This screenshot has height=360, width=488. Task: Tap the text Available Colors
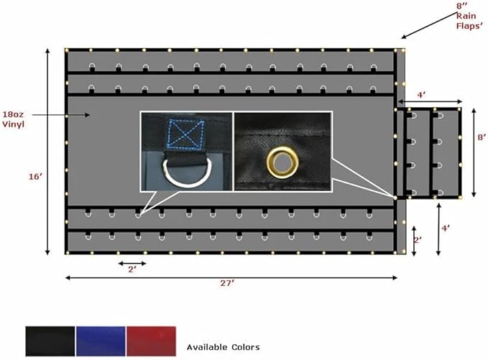pos(223,347)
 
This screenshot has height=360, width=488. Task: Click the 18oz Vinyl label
pos(15,120)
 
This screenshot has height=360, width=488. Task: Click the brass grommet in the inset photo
pos(282,162)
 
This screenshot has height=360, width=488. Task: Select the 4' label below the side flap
pos(446,228)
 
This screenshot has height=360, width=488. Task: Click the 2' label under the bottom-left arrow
pos(132,269)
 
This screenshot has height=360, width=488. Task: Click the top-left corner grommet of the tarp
pos(67,50)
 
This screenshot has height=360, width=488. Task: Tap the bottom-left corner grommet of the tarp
pos(67,253)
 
